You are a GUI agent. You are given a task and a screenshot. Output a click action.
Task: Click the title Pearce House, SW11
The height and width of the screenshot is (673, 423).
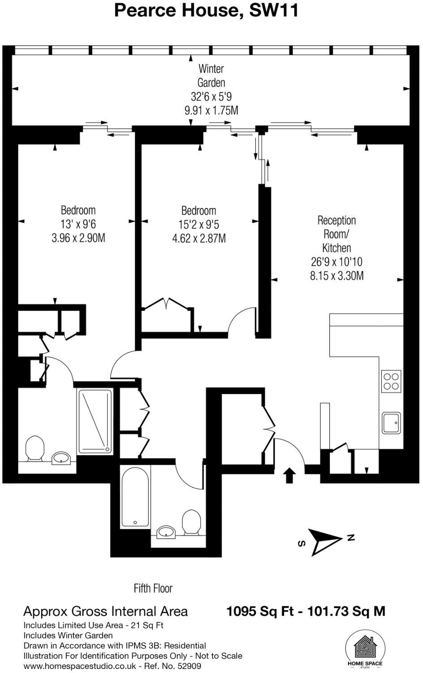206,10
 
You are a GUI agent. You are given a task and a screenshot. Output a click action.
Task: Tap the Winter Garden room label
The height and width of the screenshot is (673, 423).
211,76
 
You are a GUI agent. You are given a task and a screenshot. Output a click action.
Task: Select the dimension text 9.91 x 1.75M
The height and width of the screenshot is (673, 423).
211,110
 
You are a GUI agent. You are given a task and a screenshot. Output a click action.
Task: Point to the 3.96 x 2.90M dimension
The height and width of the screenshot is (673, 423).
78,238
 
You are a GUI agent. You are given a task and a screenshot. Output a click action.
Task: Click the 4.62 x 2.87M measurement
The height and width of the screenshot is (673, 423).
199,239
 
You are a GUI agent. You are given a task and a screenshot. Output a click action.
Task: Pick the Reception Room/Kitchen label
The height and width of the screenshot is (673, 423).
337,234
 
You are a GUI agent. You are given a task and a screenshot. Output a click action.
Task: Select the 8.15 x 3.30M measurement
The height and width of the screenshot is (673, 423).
337,276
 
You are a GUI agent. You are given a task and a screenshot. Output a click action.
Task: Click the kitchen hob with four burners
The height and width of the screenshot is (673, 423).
391,381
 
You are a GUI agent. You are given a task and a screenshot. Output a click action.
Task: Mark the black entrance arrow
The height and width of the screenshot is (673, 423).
290,475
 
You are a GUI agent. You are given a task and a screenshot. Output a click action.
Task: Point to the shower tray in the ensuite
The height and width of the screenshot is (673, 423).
95,421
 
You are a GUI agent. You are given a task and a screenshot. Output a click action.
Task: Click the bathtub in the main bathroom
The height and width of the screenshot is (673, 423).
135,497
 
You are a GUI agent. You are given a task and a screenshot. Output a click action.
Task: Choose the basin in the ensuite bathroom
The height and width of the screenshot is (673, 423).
60,458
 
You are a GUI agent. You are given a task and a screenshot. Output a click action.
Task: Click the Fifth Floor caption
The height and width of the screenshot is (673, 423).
153,588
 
